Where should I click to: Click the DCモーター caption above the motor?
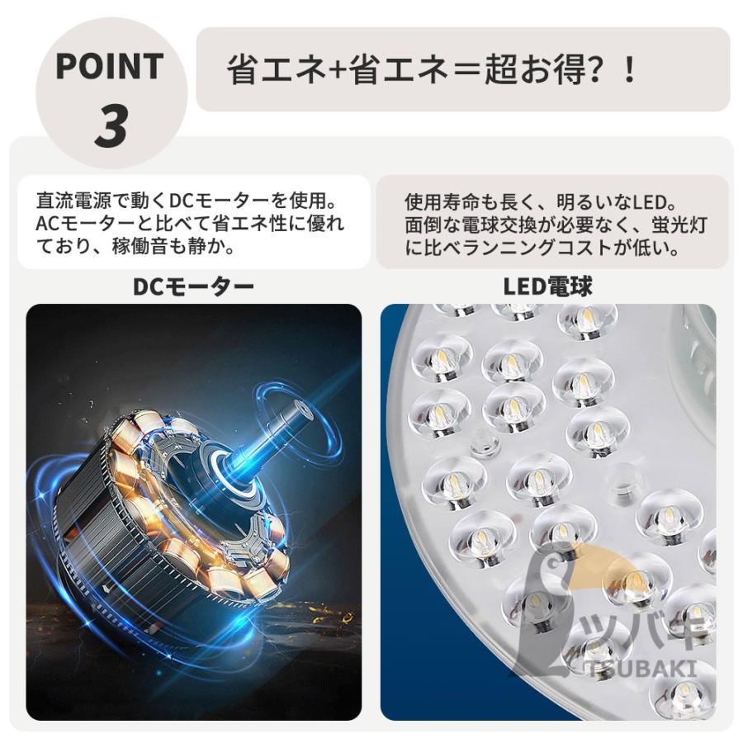point(193,286)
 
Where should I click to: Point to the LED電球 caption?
point(548,286)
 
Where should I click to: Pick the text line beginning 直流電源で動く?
point(190,201)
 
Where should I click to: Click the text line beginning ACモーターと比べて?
point(190,224)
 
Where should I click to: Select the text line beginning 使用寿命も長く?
point(541,201)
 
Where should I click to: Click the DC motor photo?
point(193,512)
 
